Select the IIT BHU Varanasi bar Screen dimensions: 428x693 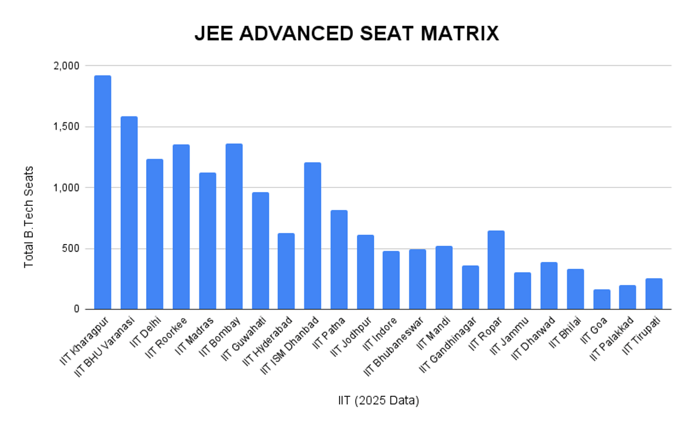tap(129, 213)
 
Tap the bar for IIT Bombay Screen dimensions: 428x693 tap(234, 226)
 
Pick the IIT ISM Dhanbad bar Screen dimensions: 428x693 tap(312, 236)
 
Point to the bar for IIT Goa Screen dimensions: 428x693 tap(602, 299)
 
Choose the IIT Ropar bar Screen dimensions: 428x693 tap(496, 270)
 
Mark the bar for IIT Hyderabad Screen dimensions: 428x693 tap(286, 271)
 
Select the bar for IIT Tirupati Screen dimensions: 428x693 tap(654, 294)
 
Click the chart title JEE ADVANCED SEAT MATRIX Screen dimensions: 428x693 tap(346, 34)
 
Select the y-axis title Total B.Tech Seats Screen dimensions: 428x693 tap(28, 217)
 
